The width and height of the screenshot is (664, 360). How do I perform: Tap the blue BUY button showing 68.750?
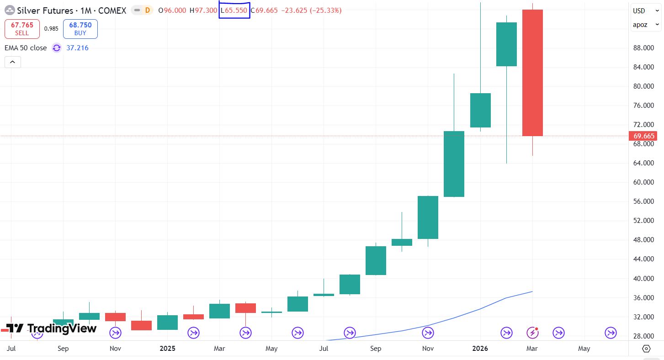click(80, 29)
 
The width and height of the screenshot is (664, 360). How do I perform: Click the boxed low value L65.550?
click(234, 11)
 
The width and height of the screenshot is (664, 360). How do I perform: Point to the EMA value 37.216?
click(77, 48)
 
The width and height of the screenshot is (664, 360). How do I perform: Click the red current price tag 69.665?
click(644, 136)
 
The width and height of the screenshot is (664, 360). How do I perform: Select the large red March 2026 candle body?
click(532, 73)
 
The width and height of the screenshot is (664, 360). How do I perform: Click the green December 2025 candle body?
click(454, 164)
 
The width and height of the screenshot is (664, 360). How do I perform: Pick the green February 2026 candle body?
click(506, 44)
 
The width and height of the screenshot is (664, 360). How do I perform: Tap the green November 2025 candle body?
click(428, 217)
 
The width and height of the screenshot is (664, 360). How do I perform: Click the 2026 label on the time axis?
click(480, 349)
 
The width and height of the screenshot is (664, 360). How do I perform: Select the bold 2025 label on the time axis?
click(167, 349)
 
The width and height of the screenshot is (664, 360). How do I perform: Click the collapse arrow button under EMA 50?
click(13, 62)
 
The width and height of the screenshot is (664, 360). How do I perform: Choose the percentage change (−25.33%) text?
click(325, 11)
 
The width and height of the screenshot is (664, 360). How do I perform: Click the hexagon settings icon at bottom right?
click(646, 349)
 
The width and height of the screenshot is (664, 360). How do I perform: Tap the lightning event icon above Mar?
click(532, 333)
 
